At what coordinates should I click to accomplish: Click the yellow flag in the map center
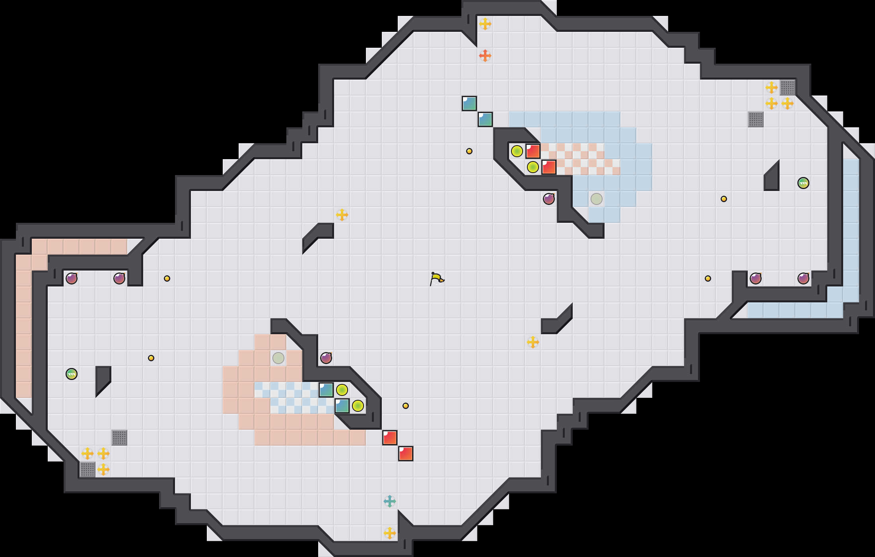pos(437,278)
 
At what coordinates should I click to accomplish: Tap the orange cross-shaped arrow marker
pos(485,56)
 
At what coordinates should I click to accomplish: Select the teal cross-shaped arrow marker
pos(389,501)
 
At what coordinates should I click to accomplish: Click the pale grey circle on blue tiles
pos(596,199)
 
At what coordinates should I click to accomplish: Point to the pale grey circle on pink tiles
pos(278,358)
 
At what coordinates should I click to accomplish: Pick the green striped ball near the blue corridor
pos(803,183)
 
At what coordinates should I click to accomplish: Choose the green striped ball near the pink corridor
pos(71,374)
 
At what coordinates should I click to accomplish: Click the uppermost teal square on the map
pos(469,103)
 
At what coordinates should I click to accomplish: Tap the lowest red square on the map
pos(405,454)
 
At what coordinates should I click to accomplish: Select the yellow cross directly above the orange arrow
pos(485,24)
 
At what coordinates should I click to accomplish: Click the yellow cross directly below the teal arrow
pos(389,533)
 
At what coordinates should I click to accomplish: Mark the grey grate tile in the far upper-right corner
pos(787,88)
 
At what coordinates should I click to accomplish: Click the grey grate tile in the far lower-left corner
pos(87,469)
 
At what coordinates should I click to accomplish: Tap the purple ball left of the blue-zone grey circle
pos(548,199)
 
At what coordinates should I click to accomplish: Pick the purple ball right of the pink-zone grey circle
pos(326,358)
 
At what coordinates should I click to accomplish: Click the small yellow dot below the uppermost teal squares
pos(469,151)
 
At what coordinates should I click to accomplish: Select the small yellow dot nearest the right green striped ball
pos(723,199)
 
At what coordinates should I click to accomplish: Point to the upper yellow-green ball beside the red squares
pos(517,151)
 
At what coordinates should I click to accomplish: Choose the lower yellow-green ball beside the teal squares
pos(358,406)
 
